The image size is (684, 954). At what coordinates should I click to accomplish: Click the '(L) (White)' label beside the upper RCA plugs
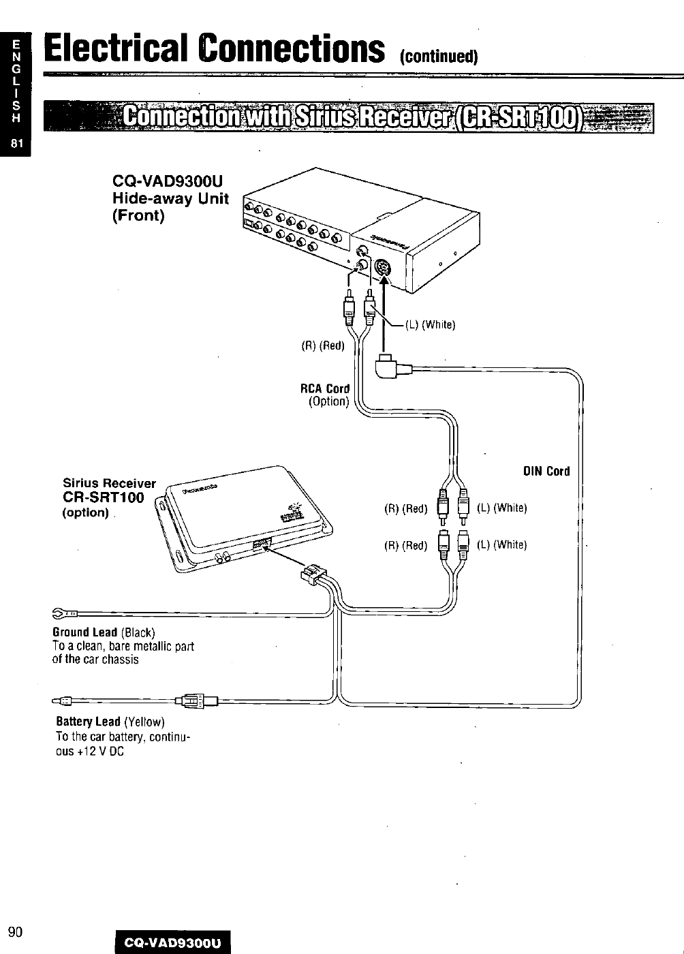(x=430, y=324)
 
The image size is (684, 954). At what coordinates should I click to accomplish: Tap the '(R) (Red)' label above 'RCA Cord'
(x=324, y=346)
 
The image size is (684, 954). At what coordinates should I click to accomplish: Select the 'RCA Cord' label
(x=325, y=388)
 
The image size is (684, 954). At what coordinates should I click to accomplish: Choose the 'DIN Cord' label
(x=546, y=472)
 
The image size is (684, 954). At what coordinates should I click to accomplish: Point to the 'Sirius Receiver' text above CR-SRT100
(x=109, y=483)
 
